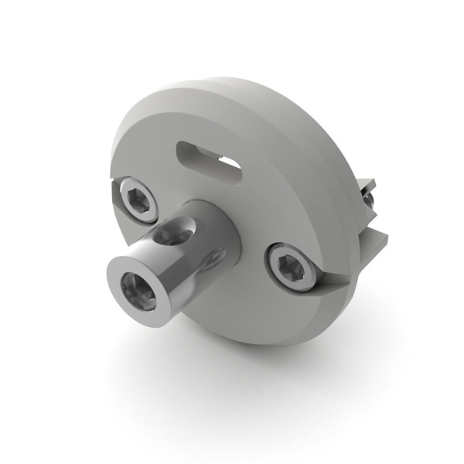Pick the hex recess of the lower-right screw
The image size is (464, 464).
292,267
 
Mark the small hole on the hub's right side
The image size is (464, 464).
217,254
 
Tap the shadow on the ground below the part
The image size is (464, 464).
255,371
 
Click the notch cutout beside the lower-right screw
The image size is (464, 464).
329,280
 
